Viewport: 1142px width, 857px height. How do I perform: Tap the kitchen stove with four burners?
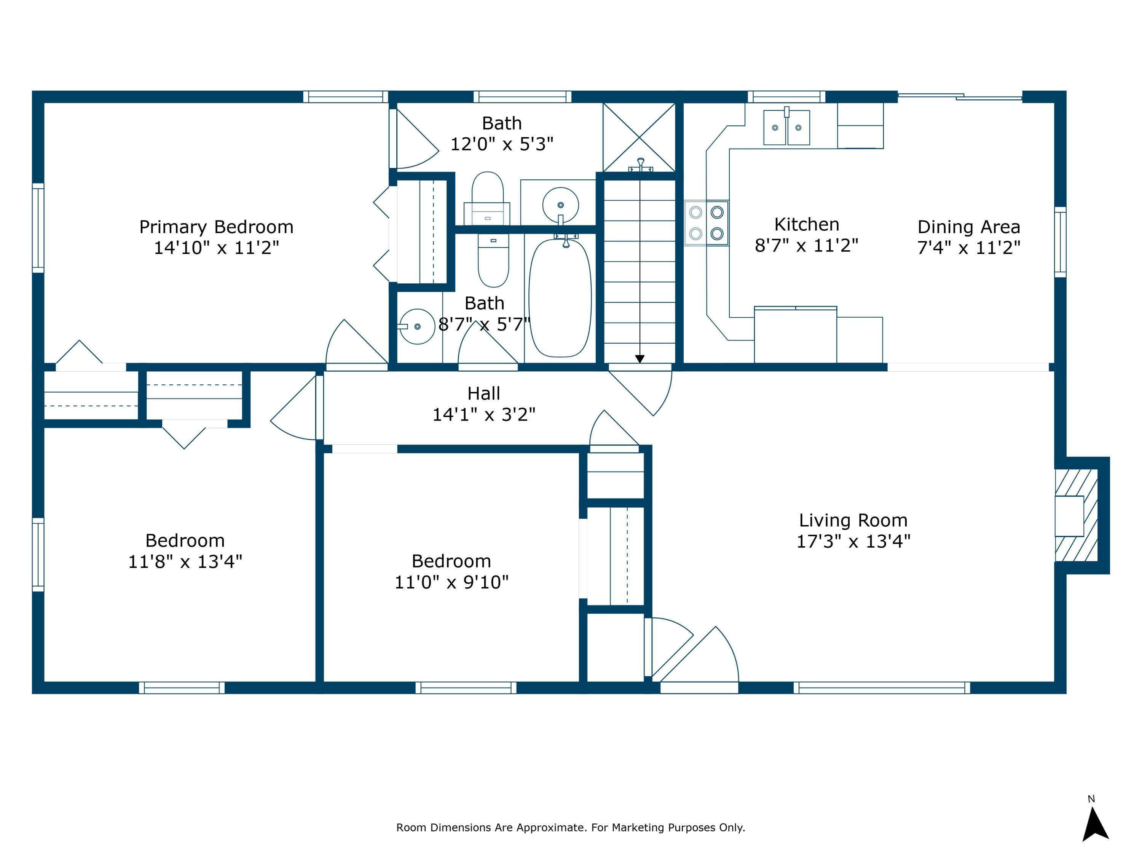coord(706,223)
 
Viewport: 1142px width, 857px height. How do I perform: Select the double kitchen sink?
coord(786,127)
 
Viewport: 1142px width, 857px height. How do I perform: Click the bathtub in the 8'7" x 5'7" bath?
coord(560,298)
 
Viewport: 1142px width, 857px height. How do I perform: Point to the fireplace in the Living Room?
coord(1075,516)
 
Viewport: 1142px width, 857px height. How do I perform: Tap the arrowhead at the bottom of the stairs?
coord(640,358)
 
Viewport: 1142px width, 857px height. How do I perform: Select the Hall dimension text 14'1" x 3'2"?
coord(484,414)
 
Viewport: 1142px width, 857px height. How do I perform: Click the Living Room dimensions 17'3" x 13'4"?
coord(853,541)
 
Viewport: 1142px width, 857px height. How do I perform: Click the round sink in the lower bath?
coord(417,326)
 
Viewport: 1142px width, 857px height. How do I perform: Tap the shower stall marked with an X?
coord(639,138)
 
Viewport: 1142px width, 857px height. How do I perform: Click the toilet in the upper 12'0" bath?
coord(487,199)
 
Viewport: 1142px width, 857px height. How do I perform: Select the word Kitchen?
coord(806,224)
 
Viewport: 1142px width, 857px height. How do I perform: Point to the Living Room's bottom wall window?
coord(881,688)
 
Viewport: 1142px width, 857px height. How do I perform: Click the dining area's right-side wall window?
coord(1060,242)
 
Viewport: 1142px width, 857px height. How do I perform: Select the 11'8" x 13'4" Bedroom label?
coord(185,540)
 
